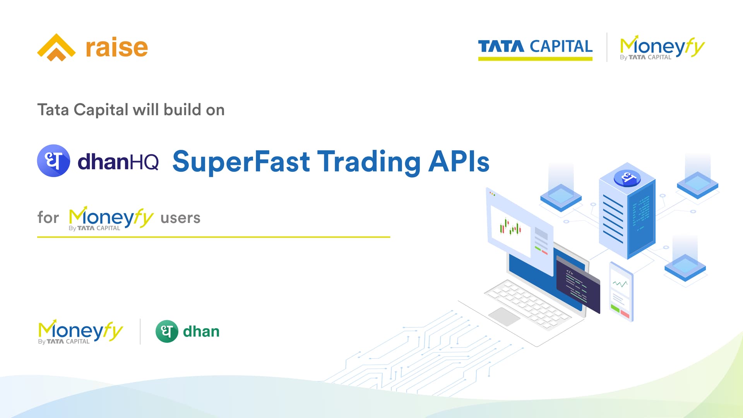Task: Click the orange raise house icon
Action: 56,47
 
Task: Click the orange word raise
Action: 117,48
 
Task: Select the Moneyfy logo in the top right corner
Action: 662,48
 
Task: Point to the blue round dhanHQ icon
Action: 53,161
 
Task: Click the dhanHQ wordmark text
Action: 118,162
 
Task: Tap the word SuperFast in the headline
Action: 241,161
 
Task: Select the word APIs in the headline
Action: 459,161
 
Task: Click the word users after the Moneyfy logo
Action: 180,218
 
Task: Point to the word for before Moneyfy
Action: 48,217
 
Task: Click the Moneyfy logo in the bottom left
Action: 80,332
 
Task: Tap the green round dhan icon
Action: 167,331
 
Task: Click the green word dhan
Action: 201,331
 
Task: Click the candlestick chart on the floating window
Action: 510,228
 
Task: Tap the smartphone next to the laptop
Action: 621,291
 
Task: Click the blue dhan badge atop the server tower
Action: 627,178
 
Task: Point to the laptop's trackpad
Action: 504,317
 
